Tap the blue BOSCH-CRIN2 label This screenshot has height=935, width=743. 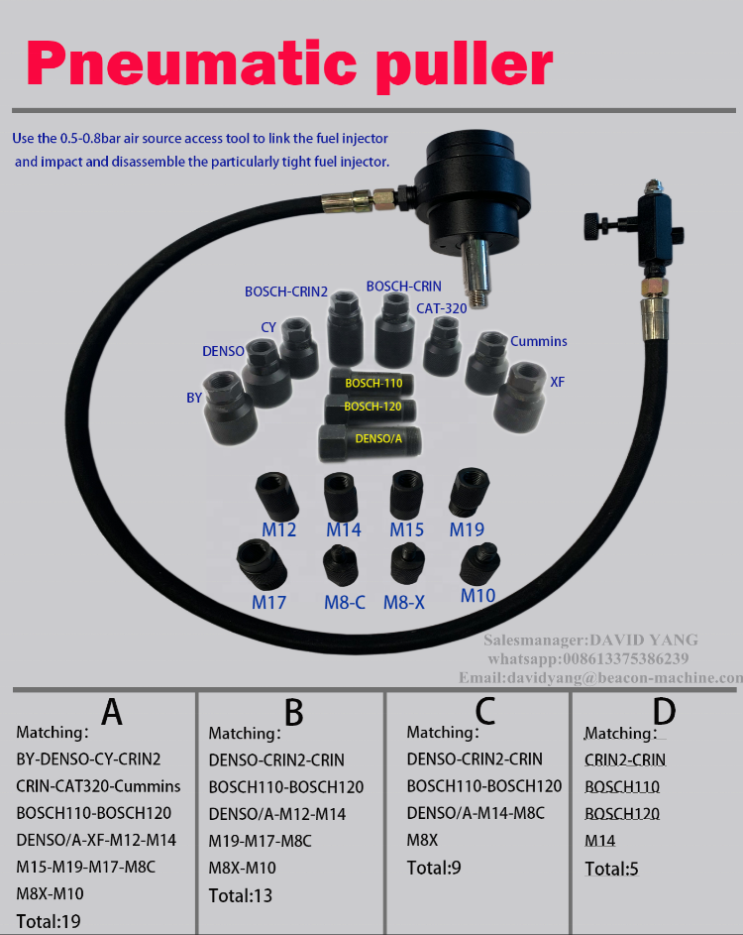[286, 292]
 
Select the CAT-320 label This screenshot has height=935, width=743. [442, 308]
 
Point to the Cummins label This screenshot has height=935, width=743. [539, 341]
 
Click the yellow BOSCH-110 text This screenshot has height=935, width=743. [373, 383]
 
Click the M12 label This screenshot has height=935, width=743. [278, 529]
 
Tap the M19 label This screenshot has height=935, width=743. [467, 529]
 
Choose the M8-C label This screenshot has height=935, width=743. [346, 602]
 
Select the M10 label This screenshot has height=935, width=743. [478, 596]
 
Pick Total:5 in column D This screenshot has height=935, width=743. [611, 870]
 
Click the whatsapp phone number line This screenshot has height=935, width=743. [588, 658]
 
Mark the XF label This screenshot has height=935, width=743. [557, 382]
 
